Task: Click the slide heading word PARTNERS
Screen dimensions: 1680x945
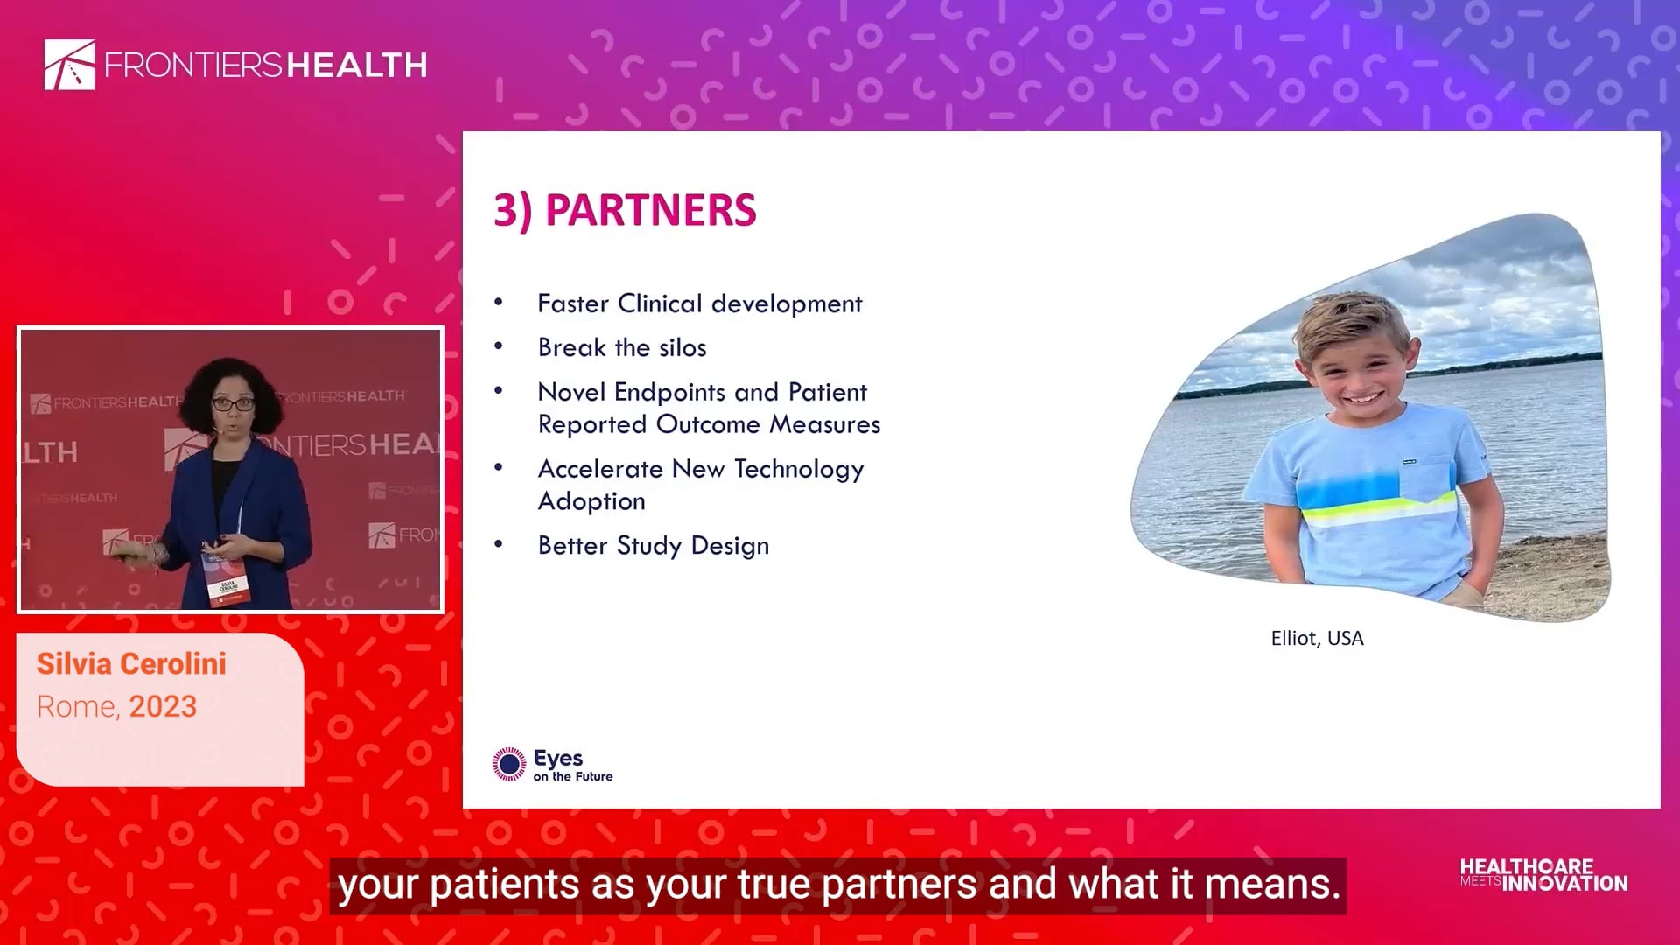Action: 650,210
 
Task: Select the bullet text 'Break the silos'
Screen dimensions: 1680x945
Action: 622,347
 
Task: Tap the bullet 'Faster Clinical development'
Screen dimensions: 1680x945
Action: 700,304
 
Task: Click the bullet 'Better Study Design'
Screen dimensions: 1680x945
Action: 654,546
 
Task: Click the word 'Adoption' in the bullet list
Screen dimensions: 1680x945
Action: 591,501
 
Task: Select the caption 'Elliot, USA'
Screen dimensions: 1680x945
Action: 1317,639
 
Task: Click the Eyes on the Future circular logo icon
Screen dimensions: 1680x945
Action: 509,764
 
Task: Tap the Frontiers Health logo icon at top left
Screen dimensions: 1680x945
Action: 70,65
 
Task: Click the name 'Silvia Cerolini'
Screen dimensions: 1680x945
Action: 131,664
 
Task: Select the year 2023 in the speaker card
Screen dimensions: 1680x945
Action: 164,707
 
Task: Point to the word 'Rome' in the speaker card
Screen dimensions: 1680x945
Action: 75,707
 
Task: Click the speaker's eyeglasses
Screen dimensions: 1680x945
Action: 233,403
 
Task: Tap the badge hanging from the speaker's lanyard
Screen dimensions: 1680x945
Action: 227,577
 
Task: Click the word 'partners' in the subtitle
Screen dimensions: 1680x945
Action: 899,885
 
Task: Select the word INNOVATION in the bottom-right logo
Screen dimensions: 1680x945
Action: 1565,884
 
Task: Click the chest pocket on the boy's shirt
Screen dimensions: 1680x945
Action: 1424,477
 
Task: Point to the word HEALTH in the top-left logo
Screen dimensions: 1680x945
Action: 357,66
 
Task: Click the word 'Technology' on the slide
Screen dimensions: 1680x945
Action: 799,470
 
